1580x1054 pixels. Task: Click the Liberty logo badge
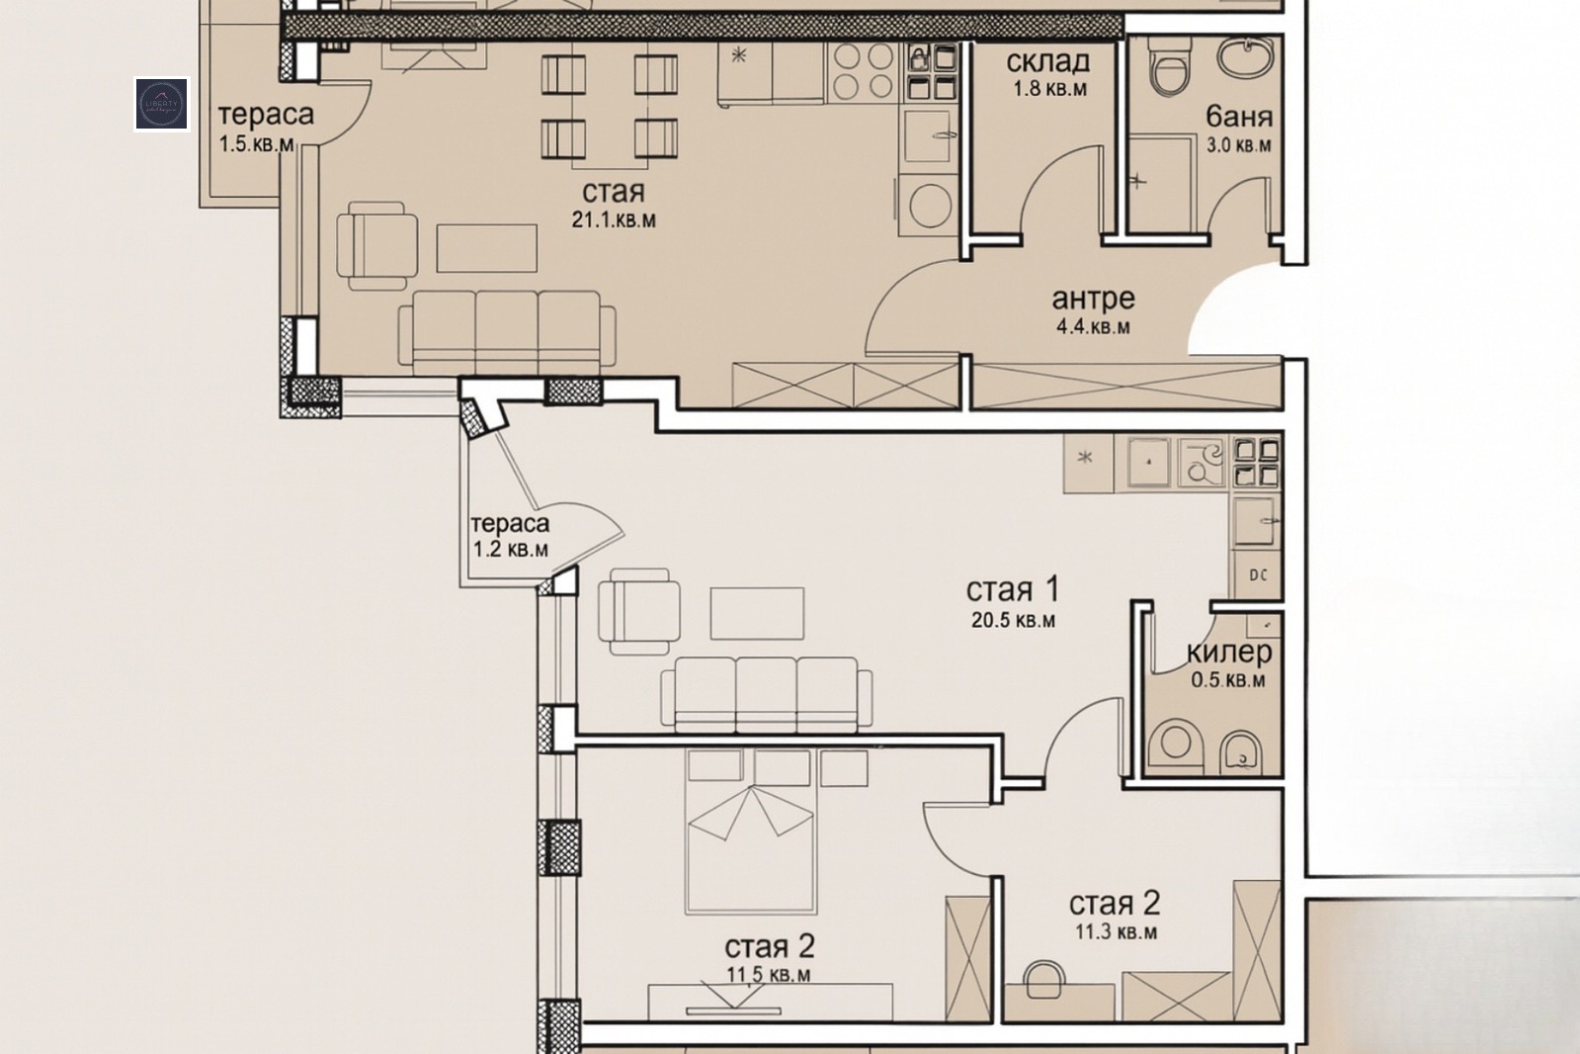[x=161, y=104]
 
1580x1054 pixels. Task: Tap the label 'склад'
[x=1048, y=62]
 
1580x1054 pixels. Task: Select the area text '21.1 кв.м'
[x=614, y=220]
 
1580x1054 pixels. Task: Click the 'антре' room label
[x=1093, y=299]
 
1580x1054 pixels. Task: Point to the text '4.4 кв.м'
[x=1093, y=327]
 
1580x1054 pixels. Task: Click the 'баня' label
[x=1239, y=117]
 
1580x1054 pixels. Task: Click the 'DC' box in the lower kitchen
[x=1258, y=575]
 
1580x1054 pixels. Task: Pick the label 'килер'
[x=1229, y=653]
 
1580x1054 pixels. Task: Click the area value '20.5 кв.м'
[x=1013, y=621]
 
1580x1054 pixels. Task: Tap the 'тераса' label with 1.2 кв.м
[x=510, y=524]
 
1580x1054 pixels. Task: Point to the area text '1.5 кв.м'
[x=257, y=144]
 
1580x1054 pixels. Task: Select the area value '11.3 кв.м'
[x=1116, y=931]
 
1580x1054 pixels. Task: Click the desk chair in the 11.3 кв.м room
[x=1044, y=979]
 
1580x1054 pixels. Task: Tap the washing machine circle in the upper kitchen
[x=930, y=206]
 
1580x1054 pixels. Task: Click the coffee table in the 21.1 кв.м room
[x=487, y=248]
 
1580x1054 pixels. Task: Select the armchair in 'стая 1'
[x=639, y=612]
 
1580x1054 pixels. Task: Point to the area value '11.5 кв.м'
[x=769, y=974]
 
